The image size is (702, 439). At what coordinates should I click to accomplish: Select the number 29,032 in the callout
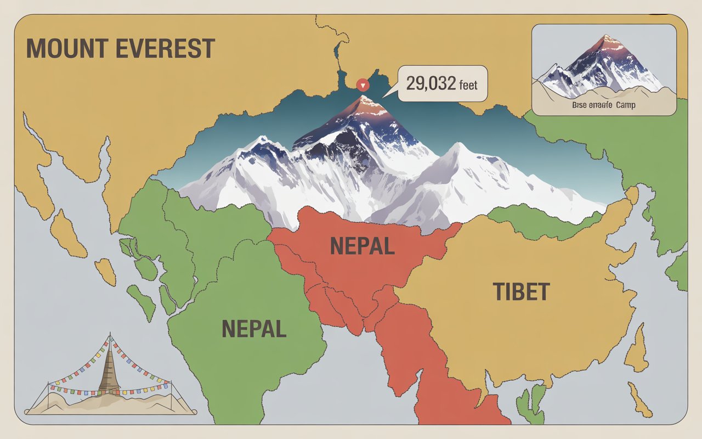[x=431, y=84]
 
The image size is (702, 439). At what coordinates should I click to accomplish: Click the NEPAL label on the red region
[x=363, y=246]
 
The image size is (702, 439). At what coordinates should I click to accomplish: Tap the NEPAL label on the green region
[x=254, y=329]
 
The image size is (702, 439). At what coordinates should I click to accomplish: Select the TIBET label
[x=521, y=292]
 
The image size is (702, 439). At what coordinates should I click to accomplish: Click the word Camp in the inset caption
[x=625, y=104]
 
